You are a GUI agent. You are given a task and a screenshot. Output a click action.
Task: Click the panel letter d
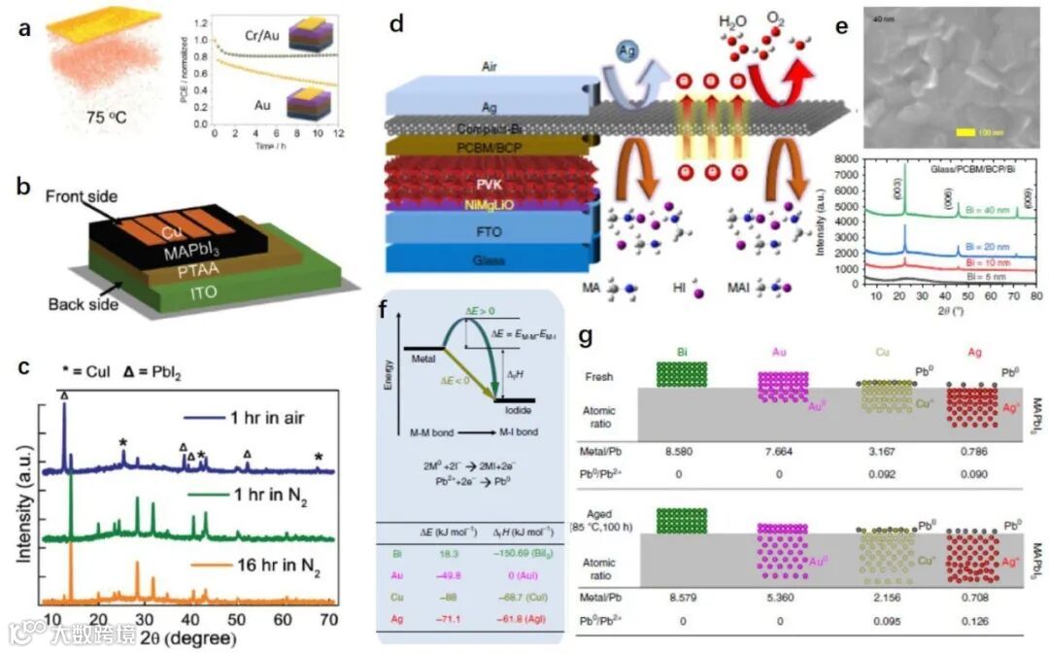coord(395,24)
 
